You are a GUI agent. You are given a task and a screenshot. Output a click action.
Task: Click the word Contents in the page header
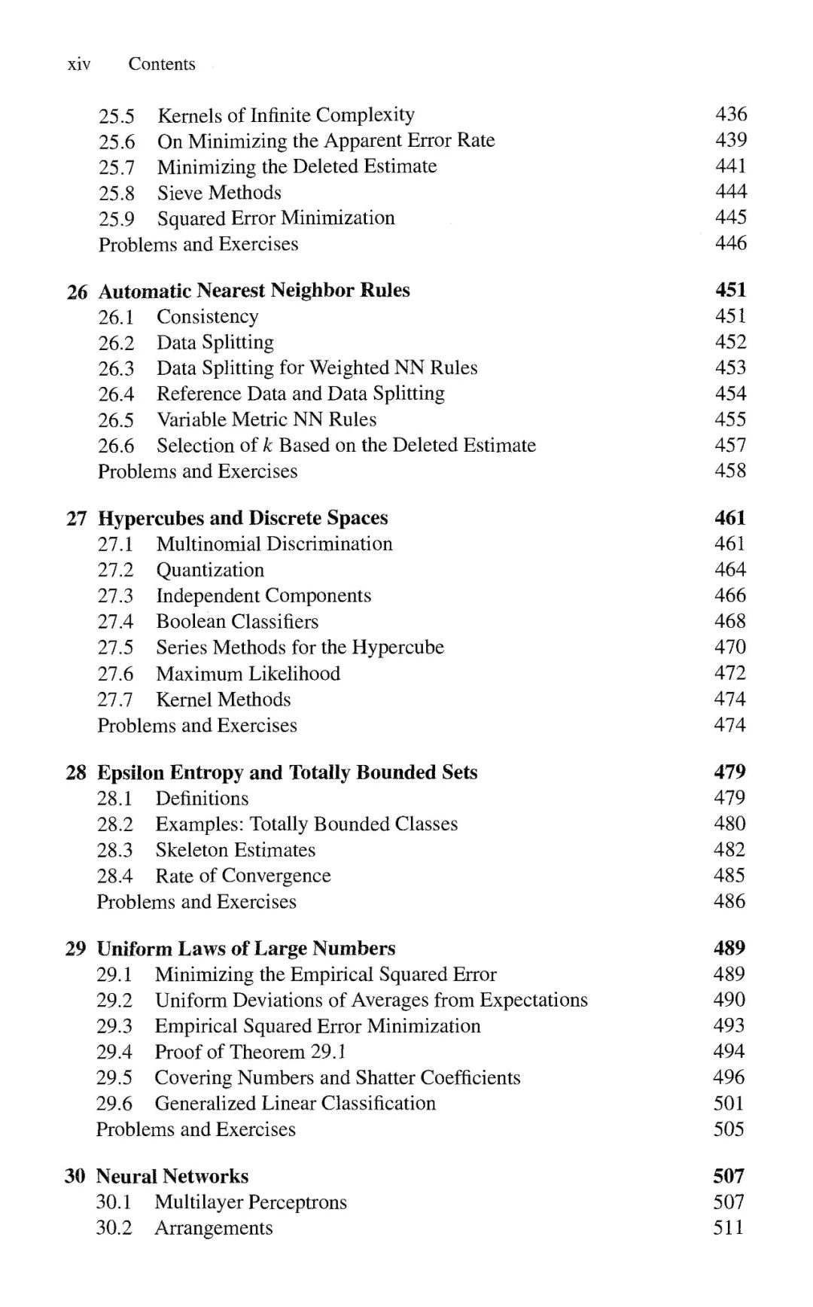point(161,64)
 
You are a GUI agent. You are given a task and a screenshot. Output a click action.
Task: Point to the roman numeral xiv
point(79,64)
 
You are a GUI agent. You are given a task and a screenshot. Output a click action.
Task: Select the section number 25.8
point(117,193)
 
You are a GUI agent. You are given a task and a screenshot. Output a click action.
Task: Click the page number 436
point(731,114)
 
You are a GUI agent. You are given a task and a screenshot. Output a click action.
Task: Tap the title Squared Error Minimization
point(276,218)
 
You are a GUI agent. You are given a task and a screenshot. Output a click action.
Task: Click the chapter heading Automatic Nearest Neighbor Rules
point(254,291)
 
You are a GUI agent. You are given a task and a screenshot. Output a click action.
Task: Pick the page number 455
point(730,419)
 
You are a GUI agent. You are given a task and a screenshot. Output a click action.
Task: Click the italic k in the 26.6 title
point(267,445)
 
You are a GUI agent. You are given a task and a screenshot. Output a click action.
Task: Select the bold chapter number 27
point(77,519)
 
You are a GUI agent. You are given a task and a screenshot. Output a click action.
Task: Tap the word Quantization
point(210,570)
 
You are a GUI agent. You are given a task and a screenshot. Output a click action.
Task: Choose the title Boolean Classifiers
point(237,622)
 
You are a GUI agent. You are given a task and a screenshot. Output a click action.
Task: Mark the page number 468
point(730,621)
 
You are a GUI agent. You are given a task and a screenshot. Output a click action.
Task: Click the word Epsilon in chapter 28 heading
point(130,773)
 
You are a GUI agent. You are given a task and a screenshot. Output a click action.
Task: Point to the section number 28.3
point(114,850)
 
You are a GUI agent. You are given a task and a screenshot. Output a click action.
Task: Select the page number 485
point(729,876)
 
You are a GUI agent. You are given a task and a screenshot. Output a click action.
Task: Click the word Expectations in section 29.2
point(534,1001)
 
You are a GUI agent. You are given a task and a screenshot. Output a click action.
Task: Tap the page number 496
point(729,1077)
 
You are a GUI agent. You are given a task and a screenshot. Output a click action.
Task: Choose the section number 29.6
point(114,1104)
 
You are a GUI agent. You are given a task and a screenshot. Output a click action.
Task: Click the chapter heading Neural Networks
point(172,1177)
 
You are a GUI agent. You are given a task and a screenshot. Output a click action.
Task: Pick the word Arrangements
point(214,1228)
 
